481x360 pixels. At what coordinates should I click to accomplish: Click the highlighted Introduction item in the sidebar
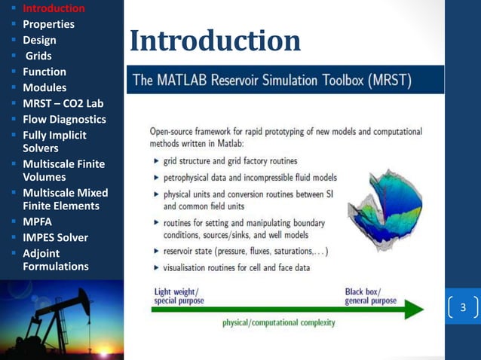[x=53, y=8]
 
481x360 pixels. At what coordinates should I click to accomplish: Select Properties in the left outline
[x=48, y=24]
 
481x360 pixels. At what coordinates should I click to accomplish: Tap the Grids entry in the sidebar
[x=39, y=56]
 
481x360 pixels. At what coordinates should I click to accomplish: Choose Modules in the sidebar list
[x=44, y=87]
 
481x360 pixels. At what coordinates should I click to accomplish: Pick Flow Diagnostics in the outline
[x=64, y=119]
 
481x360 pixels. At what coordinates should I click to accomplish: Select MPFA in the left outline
[x=38, y=222]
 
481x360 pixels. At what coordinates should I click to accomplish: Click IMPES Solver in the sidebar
[x=55, y=237]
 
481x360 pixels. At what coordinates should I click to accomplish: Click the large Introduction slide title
[x=215, y=41]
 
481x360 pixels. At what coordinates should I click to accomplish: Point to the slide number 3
[x=463, y=308]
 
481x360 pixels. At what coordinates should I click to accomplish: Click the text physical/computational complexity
[x=279, y=323]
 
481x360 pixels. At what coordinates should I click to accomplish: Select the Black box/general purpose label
[x=370, y=296]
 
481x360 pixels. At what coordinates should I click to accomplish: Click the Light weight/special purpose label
[x=178, y=296]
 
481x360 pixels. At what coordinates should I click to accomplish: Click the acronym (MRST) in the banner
[x=384, y=80]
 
